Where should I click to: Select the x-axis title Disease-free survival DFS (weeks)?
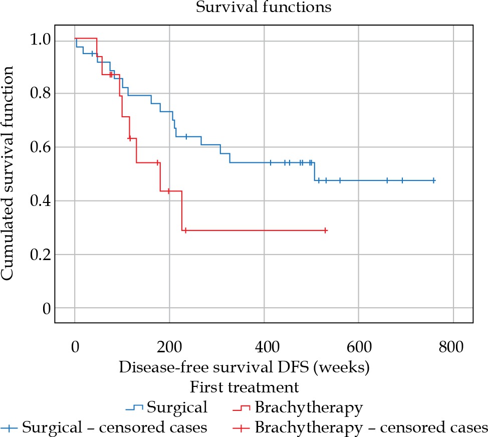click(x=244, y=366)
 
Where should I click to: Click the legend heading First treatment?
click(x=244, y=387)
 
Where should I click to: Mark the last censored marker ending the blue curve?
click(x=434, y=180)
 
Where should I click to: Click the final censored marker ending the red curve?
click(x=325, y=231)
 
